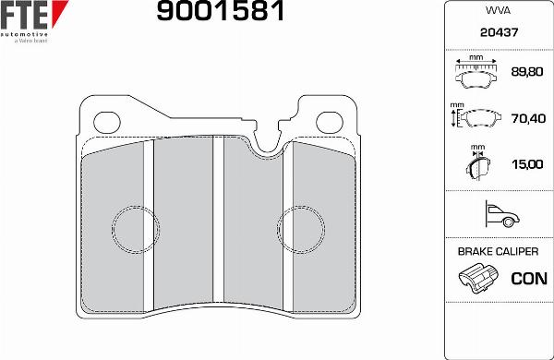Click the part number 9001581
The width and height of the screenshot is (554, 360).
(x=221, y=10)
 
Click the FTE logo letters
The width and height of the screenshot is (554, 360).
(x=24, y=15)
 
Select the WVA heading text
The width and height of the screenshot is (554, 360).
(x=498, y=10)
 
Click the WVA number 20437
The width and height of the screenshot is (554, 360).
(x=499, y=32)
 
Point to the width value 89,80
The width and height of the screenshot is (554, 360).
(x=527, y=72)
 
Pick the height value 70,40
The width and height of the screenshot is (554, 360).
(x=528, y=118)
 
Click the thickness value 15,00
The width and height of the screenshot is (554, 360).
(x=527, y=164)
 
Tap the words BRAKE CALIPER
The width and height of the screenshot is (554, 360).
(x=498, y=252)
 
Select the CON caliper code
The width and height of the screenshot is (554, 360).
(x=529, y=279)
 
